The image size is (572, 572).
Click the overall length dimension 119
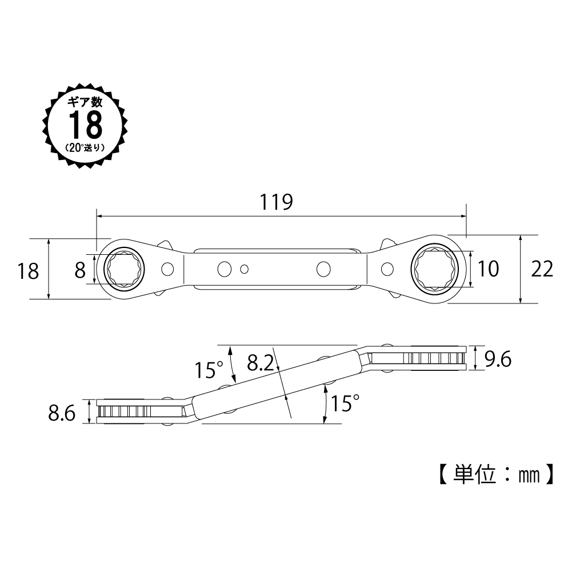coord(276,202)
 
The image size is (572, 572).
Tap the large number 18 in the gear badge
coord(86,125)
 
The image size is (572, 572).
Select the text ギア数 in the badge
coord(85,102)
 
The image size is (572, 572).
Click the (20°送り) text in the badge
coord(85,148)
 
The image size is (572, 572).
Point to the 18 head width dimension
coord(28,271)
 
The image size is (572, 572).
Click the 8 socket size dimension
coord(80,270)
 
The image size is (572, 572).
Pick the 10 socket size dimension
coord(488,269)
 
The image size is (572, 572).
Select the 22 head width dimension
coord(542,269)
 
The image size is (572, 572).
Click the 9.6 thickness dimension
coord(498,359)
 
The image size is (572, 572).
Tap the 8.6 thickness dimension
coord(62,413)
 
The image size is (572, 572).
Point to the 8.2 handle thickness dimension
coord(260,363)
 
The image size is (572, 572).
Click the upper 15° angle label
coord(209,370)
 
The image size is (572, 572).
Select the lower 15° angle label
coord(345,403)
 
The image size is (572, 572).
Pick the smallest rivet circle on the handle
coord(245,269)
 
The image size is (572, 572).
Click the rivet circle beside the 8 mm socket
coord(167,269)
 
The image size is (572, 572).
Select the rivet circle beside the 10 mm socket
coord(387,269)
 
